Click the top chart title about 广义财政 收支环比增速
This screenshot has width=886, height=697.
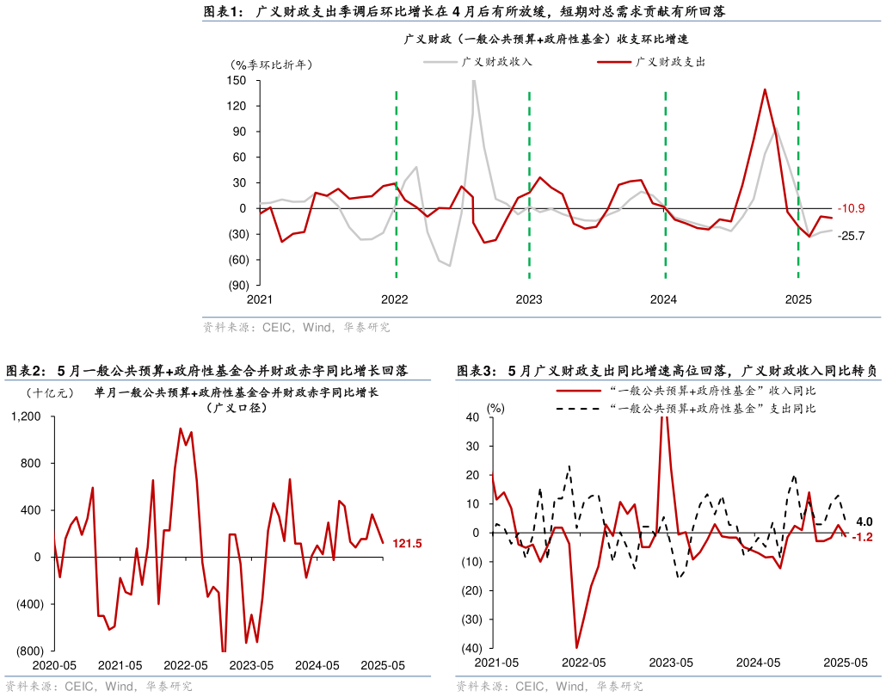(x=546, y=40)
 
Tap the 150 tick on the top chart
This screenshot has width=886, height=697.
(x=237, y=81)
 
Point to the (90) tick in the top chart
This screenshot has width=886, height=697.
(x=237, y=285)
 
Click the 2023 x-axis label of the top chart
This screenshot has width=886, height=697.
(x=529, y=299)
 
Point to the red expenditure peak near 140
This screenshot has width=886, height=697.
(x=765, y=89)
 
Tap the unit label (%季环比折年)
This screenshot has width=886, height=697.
(x=271, y=65)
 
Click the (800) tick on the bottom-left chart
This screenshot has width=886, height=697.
(x=29, y=651)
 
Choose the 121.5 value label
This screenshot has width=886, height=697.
(x=407, y=544)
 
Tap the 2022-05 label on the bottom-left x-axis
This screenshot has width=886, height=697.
(x=186, y=665)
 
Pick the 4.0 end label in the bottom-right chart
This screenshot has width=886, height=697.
(x=864, y=521)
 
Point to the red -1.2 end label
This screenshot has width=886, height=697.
(x=863, y=537)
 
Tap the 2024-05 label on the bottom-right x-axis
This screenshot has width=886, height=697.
(x=758, y=663)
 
